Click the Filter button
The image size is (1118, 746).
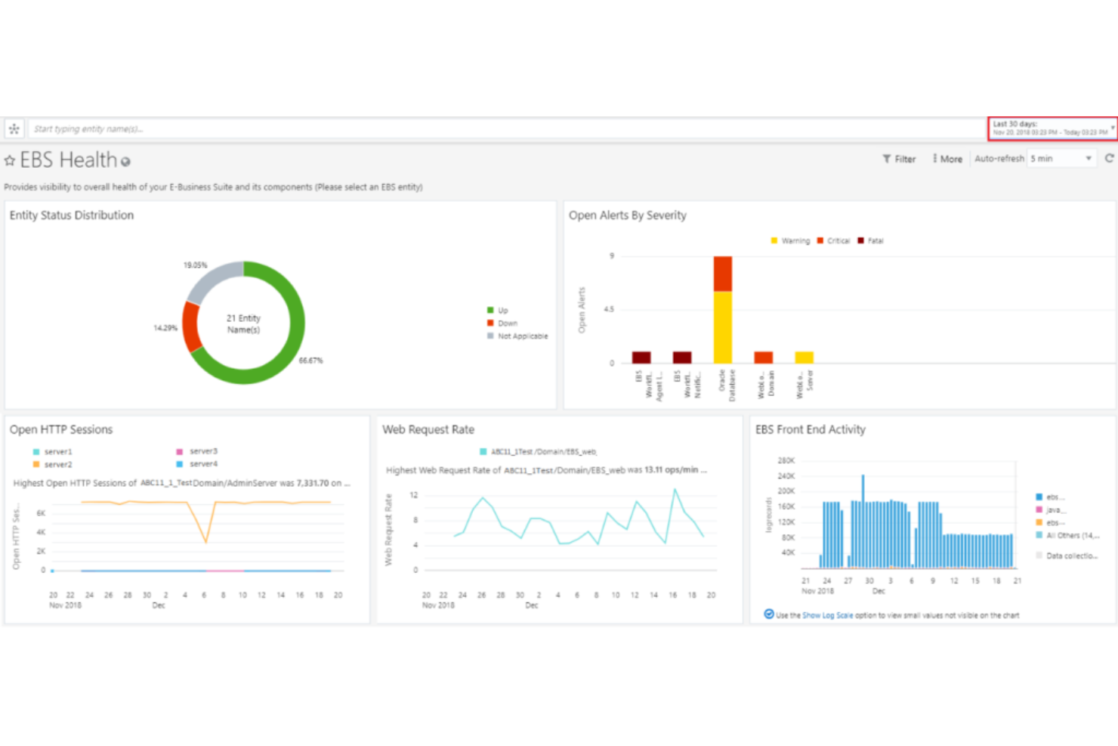point(899,159)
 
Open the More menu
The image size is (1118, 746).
point(947,159)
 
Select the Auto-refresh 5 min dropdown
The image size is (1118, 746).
point(1061,159)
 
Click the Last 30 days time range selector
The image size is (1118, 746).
point(1051,128)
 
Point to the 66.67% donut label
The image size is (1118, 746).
point(310,361)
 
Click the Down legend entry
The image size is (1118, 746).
point(507,323)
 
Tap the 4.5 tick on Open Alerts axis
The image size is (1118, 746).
point(609,309)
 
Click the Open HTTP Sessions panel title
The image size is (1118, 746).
point(61,429)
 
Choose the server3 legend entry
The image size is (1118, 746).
point(202,451)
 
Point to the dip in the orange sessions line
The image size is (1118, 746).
point(205,541)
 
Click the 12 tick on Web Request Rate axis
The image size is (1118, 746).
point(413,495)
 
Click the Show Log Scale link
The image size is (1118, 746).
point(827,615)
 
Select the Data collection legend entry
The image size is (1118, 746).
point(1070,556)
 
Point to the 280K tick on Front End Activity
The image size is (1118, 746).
point(786,460)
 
